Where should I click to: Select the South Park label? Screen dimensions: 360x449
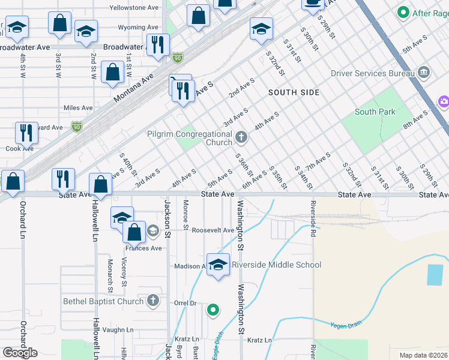(375, 112)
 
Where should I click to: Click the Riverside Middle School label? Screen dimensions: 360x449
(276, 265)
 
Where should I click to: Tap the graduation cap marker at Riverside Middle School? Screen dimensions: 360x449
(218, 265)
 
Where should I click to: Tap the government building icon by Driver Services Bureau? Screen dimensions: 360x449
(424, 73)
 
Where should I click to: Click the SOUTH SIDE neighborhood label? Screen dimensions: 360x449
(294, 92)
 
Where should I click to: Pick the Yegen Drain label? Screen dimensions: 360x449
(346, 325)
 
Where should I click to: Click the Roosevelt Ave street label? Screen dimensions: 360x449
(212, 230)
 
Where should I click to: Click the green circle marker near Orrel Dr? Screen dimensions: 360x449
(212, 310)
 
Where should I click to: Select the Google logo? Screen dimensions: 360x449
(20, 352)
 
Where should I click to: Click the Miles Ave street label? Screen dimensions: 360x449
(78, 108)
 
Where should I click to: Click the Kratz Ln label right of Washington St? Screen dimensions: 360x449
(259, 340)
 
